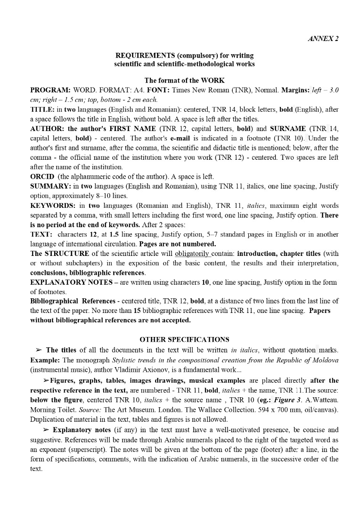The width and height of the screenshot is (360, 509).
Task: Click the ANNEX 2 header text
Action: pos(323,39)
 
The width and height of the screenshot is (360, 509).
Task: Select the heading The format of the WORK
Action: pos(184,81)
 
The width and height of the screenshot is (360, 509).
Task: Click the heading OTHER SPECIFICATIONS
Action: pos(184,339)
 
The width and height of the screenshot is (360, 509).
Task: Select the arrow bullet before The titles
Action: pos(39,350)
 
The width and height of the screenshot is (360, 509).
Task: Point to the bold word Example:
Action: pos(45,360)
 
